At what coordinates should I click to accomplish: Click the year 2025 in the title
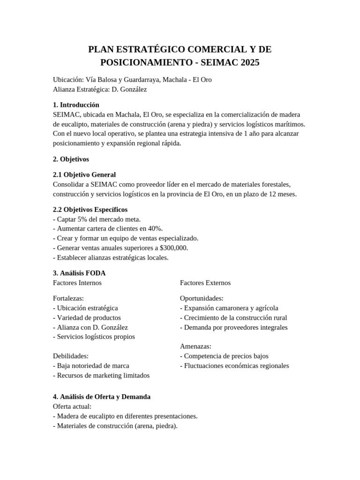[x=248, y=62]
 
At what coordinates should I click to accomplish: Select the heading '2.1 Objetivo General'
[x=84, y=174]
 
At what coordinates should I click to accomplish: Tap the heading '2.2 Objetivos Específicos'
[x=90, y=209]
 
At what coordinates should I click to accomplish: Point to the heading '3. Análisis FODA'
[x=79, y=273]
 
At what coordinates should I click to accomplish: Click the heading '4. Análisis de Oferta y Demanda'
[x=102, y=397]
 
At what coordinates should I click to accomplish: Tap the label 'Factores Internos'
[x=77, y=283]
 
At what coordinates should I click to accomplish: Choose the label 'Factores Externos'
[x=205, y=283]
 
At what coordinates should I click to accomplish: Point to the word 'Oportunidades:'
[x=202, y=298]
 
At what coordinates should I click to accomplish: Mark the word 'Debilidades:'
[x=71, y=356]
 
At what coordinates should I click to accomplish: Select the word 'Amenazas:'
[x=195, y=346]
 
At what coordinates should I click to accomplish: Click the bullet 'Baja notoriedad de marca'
[x=91, y=366]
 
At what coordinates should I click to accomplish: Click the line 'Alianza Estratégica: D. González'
[x=100, y=89]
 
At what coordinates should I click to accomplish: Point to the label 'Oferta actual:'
[x=72, y=406]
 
